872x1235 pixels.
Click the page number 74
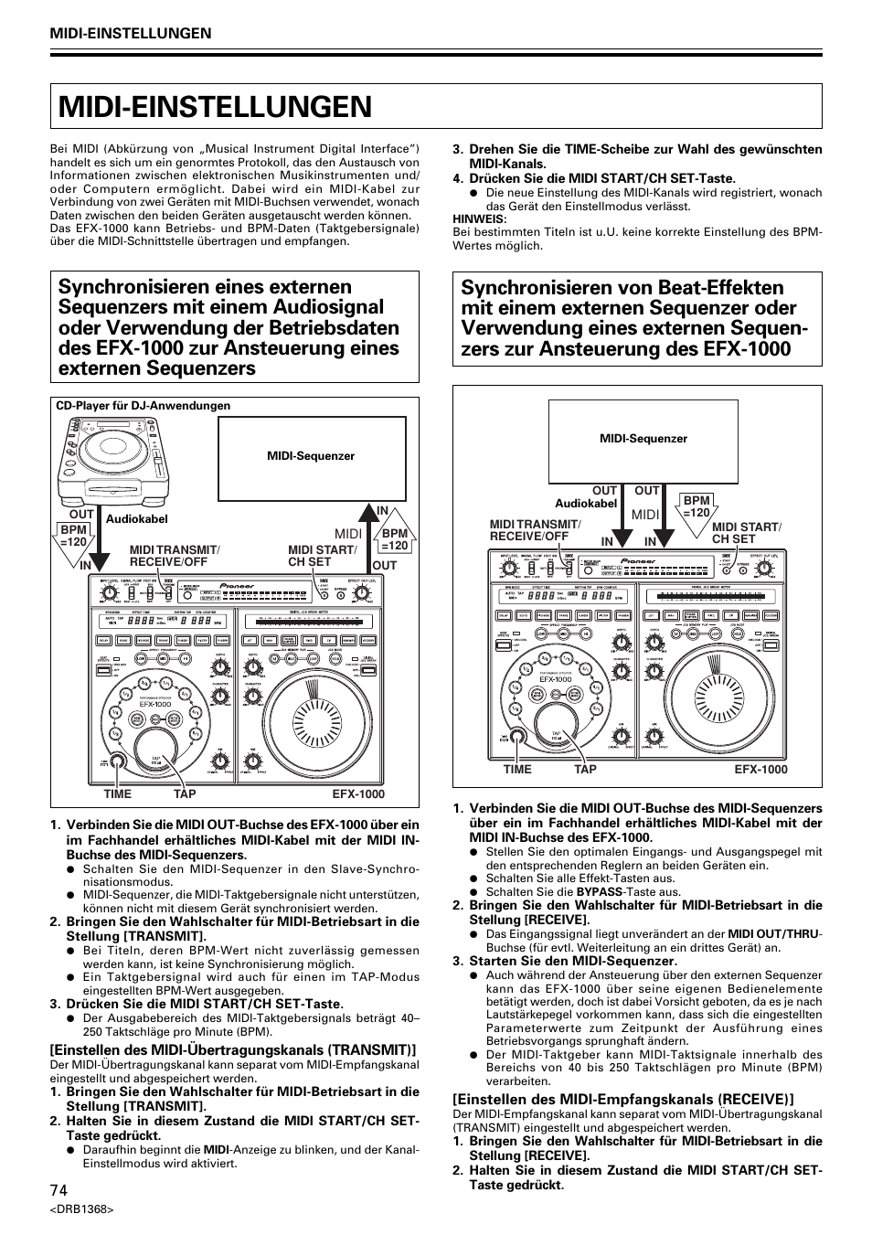pyautogui.click(x=58, y=1189)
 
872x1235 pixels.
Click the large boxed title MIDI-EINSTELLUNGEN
pyautogui.click(x=216, y=106)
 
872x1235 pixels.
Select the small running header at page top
pyautogui.click(x=131, y=33)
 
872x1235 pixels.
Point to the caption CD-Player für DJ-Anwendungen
pyautogui.click(x=144, y=406)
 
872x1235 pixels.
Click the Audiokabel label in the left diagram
pyautogui.click(x=137, y=518)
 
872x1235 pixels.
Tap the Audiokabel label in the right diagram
pyautogui.click(x=586, y=504)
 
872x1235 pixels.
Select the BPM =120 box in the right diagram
pyautogui.click(x=697, y=506)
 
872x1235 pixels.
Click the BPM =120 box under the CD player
pyautogui.click(x=73, y=536)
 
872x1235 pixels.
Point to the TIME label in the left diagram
pyautogui.click(x=117, y=794)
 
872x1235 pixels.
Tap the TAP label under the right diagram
pyautogui.click(x=585, y=770)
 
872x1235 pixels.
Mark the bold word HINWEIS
pyautogui.click(x=478, y=219)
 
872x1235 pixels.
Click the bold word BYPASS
pyautogui.click(x=599, y=891)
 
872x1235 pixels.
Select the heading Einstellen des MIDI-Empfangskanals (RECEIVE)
pyautogui.click(x=622, y=1099)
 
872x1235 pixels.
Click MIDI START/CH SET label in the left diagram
pyautogui.click(x=321, y=556)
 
